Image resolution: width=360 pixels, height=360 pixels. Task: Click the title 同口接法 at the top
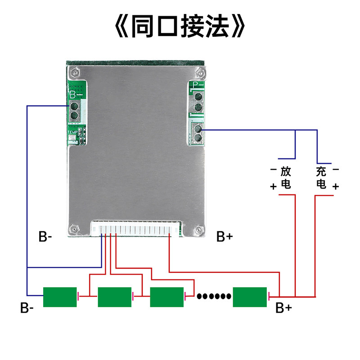tap(180, 26)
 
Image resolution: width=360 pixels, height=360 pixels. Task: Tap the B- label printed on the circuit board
tap(76, 95)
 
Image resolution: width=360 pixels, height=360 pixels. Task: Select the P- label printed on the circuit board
tap(198, 85)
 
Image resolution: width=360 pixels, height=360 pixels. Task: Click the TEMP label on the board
tap(72, 132)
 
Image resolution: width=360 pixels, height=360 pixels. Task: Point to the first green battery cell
tap(60, 297)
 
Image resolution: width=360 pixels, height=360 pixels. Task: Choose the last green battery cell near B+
tap(250, 297)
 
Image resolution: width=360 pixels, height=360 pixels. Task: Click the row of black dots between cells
tap(214, 297)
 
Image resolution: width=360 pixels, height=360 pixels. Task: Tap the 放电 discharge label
tap(286, 178)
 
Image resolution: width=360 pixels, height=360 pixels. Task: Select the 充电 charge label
tap(321, 178)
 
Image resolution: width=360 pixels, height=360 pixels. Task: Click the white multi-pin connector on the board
tap(136, 229)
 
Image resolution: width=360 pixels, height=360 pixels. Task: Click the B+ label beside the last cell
tap(283, 308)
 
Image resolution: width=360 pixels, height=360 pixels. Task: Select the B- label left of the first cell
tap(27, 308)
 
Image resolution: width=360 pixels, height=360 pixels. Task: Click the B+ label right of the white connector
tap(225, 237)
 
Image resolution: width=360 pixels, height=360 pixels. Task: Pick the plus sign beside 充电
tap(336, 186)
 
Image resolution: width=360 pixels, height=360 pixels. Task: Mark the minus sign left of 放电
tap(274, 170)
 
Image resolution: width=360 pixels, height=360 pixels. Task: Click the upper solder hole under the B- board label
tap(74, 106)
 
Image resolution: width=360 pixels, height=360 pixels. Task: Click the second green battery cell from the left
tap(115, 297)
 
